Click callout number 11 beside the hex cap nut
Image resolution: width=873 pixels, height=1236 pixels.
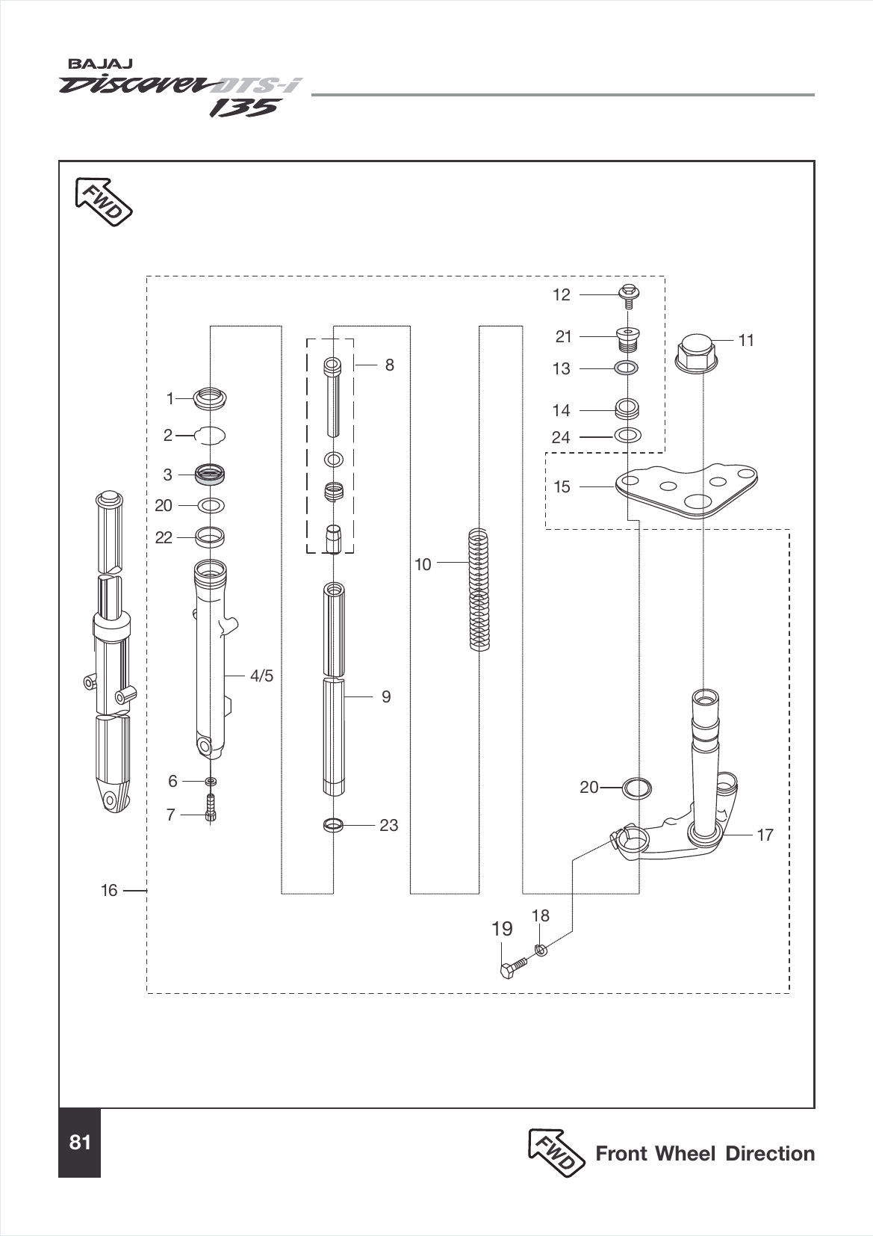point(746,341)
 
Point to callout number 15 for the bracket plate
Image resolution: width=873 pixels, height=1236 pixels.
point(562,487)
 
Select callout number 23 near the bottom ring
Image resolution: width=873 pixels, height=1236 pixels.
point(388,826)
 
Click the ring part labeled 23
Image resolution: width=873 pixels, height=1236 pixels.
point(334,826)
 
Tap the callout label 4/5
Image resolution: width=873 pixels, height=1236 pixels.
point(261,676)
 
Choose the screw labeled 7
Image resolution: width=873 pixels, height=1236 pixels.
point(211,809)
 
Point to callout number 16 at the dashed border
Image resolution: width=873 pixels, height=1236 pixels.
point(109,891)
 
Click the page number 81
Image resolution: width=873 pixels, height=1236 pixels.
point(79,1143)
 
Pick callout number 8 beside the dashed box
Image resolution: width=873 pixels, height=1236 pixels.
point(389,365)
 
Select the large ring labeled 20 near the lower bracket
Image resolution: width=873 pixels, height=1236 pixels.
point(636,788)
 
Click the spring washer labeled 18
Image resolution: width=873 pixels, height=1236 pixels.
point(541,950)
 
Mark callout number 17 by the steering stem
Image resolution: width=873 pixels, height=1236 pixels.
point(765,835)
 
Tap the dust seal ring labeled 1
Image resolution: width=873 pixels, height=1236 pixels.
point(210,398)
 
